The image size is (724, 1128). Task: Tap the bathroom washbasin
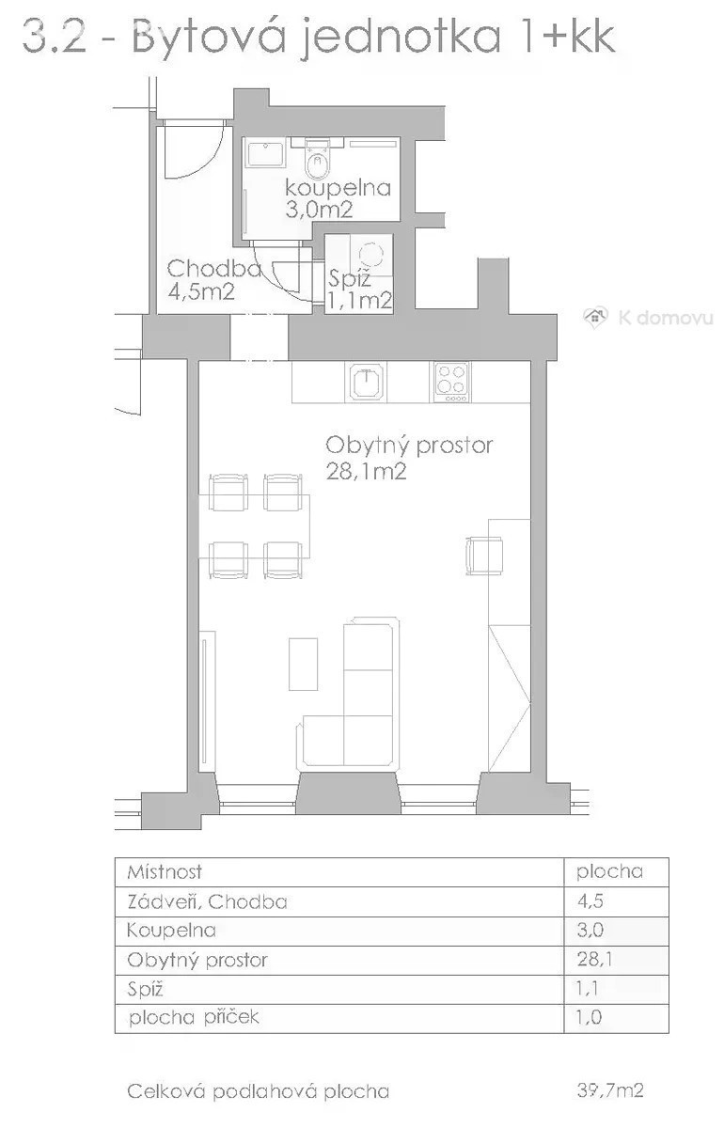point(265,154)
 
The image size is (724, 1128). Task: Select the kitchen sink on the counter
point(367,383)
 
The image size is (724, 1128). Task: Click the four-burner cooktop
point(451,383)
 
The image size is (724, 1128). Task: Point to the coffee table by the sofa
point(303,664)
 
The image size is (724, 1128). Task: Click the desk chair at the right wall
point(483,556)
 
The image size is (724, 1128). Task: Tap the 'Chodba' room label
point(213,269)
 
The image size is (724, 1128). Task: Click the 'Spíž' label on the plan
point(349,278)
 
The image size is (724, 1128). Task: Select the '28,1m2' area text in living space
point(366,471)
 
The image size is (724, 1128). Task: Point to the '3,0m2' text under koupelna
point(319,209)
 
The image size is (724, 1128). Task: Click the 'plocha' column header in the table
point(609,872)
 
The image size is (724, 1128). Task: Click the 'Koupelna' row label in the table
point(171,930)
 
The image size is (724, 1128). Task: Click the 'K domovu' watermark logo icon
point(594,318)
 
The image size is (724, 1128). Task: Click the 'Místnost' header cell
point(165,872)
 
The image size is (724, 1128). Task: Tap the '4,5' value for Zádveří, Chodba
point(590,901)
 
